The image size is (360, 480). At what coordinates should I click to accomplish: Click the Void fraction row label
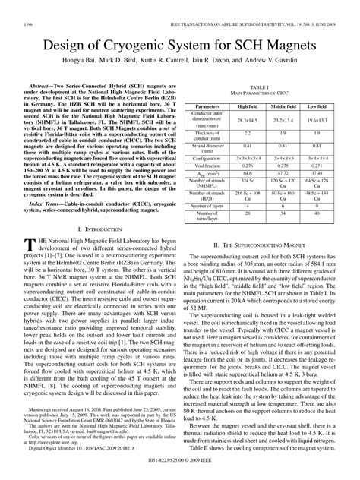pyautogui.click(x=207, y=164)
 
